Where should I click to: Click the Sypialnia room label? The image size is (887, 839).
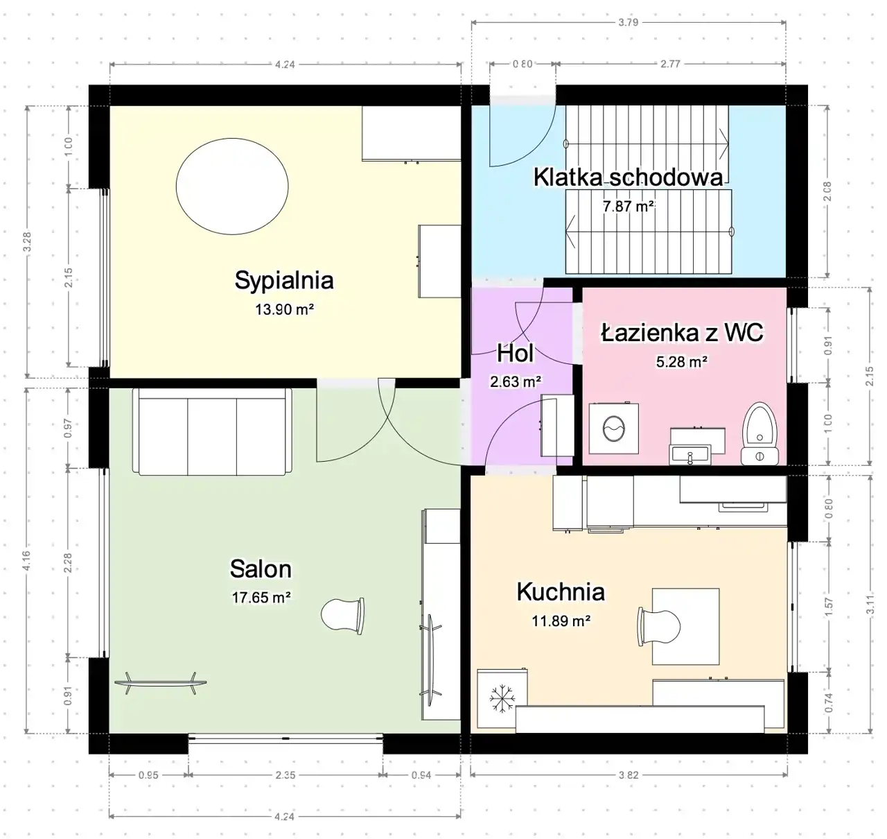pyautogui.click(x=284, y=280)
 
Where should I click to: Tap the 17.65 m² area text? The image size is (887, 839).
pyautogui.click(x=261, y=598)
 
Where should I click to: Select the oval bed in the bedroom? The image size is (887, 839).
pyautogui.click(x=232, y=186)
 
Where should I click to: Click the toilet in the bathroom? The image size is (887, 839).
pyautogui.click(x=759, y=433)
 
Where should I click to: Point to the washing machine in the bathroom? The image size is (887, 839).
pyautogui.click(x=613, y=428)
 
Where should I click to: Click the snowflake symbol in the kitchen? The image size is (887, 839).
pyautogui.click(x=502, y=699)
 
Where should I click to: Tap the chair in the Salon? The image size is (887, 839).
pyautogui.click(x=343, y=616)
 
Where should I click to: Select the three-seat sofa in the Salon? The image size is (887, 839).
pyautogui.click(x=212, y=431)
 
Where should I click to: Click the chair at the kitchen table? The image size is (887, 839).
pyautogui.click(x=659, y=627)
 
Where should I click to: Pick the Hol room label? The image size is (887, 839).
pyautogui.click(x=516, y=353)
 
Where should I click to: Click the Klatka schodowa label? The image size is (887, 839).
pyautogui.click(x=628, y=177)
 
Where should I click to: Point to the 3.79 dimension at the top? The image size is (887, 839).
pyautogui.click(x=628, y=23)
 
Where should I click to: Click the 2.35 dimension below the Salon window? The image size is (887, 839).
pyautogui.click(x=285, y=775)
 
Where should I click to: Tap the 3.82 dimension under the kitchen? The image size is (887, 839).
pyautogui.click(x=629, y=775)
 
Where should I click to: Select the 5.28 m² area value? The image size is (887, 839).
pyautogui.click(x=681, y=362)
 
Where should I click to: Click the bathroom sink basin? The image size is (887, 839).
pyautogui.click(x=690, y=455)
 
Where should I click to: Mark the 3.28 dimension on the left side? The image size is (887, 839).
pyautogui.click(x=28, y=242)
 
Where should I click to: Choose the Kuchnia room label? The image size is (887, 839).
pyautogui.click(x=561, y=591)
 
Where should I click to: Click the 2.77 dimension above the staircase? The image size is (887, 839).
pyautogui.click(x=670, y=64)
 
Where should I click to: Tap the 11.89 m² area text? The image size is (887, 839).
pyautogui.click(x=561, y=621)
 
